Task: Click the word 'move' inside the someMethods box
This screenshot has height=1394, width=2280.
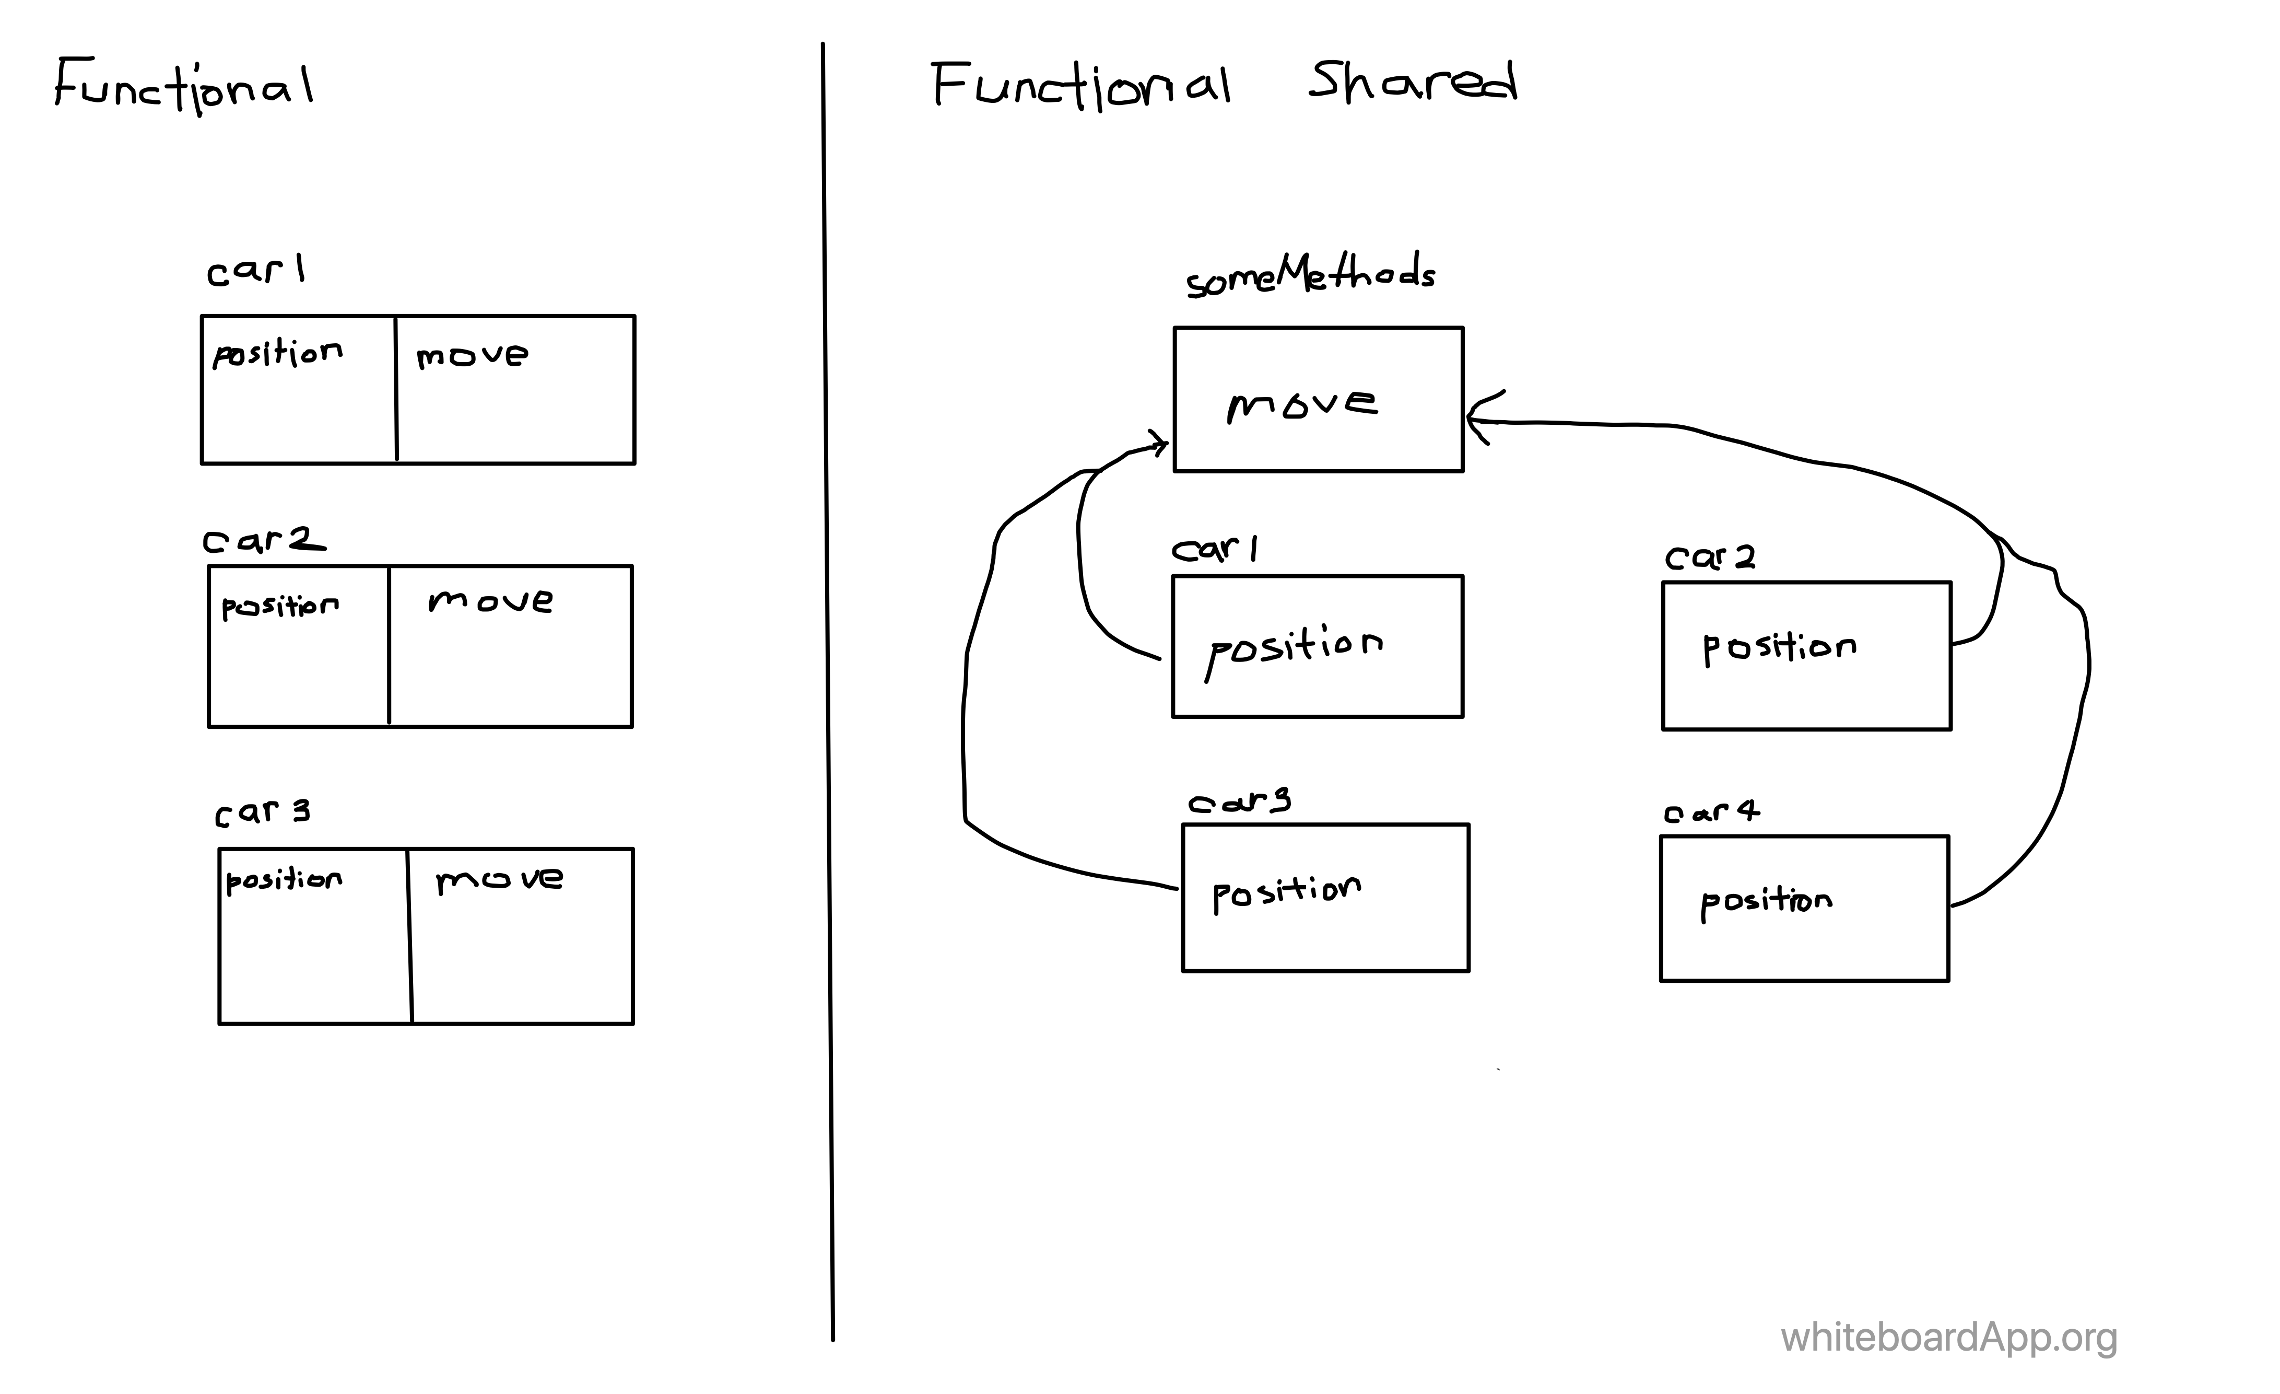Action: [x=1302, y=404]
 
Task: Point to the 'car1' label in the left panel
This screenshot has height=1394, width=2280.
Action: [x=255, y=270]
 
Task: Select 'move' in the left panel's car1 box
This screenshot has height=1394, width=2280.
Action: [x=472, y=355]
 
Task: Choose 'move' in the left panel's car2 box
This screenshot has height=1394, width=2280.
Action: [x=490, y=602]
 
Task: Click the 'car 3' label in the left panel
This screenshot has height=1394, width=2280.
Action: [x=263, y=812]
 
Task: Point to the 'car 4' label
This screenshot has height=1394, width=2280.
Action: [x=1712, y=812]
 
